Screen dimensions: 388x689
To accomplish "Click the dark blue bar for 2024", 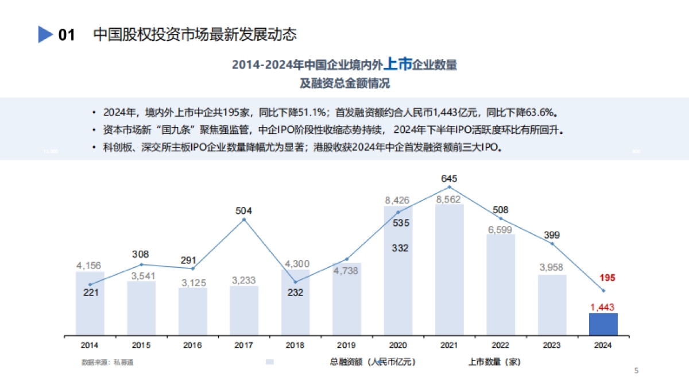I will (603, 324).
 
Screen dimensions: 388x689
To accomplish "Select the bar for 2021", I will (449, 270).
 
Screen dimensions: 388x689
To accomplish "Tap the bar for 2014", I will (90, 305).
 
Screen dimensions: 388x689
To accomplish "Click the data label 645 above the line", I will (449, 178).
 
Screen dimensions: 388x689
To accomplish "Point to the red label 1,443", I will (603, 308).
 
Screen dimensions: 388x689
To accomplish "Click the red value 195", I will (607, 278).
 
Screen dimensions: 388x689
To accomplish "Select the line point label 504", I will (244, 210).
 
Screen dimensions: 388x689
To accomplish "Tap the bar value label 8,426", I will (397, 201).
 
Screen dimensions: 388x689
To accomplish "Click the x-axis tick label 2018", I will (295, 345).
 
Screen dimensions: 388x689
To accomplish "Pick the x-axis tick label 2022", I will (500, 345).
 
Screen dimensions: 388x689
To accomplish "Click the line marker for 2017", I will (244, 219).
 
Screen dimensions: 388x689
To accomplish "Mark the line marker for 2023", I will (552, 244).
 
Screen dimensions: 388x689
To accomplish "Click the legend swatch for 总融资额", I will (270, 362).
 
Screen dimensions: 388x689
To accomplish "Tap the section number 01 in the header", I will (67, 35).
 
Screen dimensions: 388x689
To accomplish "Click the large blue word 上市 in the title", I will (397, 64).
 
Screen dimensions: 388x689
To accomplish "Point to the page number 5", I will (636, 371).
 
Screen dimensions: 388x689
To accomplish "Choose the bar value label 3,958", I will (552, 267).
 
